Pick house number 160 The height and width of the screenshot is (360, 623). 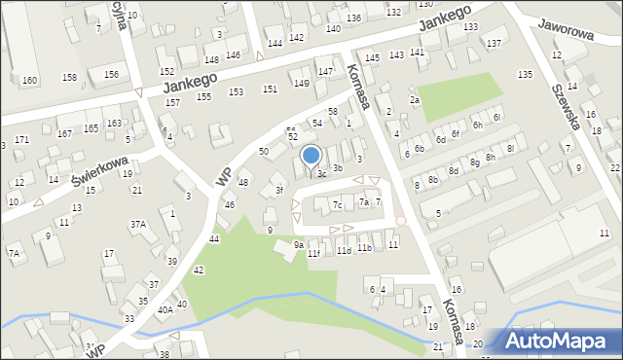tap(29, 80)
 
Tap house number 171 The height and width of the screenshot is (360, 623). tap(21, 140)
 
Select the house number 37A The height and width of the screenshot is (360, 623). tap(138, 225)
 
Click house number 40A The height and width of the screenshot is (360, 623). tap(165, 309)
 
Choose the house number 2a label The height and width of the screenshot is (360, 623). tap(414, 100)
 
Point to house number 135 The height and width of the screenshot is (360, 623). tap(525, 75)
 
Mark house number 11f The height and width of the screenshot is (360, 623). tap(313, 254)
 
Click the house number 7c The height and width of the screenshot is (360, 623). tap(337, 205)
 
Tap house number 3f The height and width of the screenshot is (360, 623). tap(279, 191)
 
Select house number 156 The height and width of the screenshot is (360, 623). tap(112, 75)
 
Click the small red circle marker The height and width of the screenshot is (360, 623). tap(401, 221)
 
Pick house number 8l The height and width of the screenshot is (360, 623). tap(509, 147)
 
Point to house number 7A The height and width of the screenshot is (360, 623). tap(15, 254)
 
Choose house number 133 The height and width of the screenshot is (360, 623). tap(470, 27)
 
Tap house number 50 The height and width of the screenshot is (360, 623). tap(263, 152)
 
